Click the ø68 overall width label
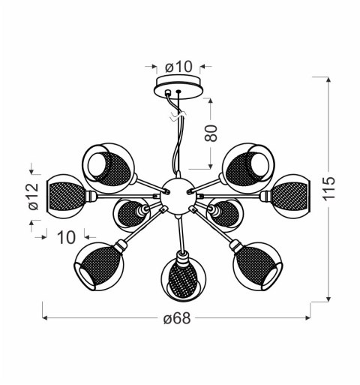point(176,318)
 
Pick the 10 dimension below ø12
point(66,237)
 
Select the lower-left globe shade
point(97,263)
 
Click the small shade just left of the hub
point(130,214)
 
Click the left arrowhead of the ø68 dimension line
point(43,318)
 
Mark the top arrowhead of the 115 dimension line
point(330,77)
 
